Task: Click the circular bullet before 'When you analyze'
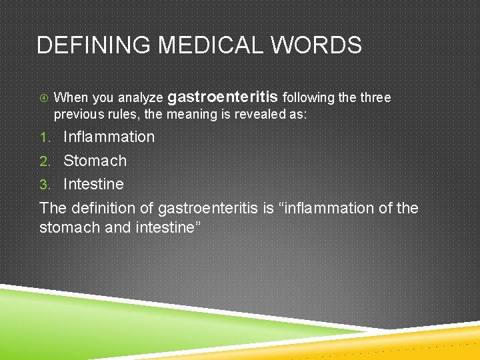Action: click(43, 98)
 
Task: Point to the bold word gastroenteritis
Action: click(223, 97)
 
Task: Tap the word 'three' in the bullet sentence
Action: click(375, 98)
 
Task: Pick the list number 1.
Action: click(45, 137)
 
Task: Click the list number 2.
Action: click(45, 161)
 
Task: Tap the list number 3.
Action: click(45, 185)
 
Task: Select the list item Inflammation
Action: click(109, 137)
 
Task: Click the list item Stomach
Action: click(95, 161)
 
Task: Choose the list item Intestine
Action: click(93, 184)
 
